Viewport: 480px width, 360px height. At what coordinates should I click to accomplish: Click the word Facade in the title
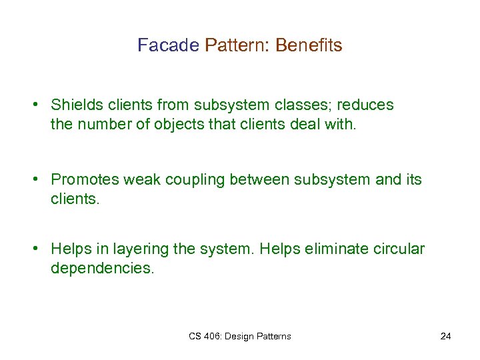(168, 45)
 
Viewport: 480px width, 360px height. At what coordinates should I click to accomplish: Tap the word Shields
(77, 105)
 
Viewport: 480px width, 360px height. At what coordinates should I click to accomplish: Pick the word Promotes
(84, 179)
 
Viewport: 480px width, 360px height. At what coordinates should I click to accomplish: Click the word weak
(141, 179)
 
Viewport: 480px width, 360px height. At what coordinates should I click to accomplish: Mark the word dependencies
(102, 269)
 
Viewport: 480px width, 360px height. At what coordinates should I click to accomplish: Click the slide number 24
(445, 336)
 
